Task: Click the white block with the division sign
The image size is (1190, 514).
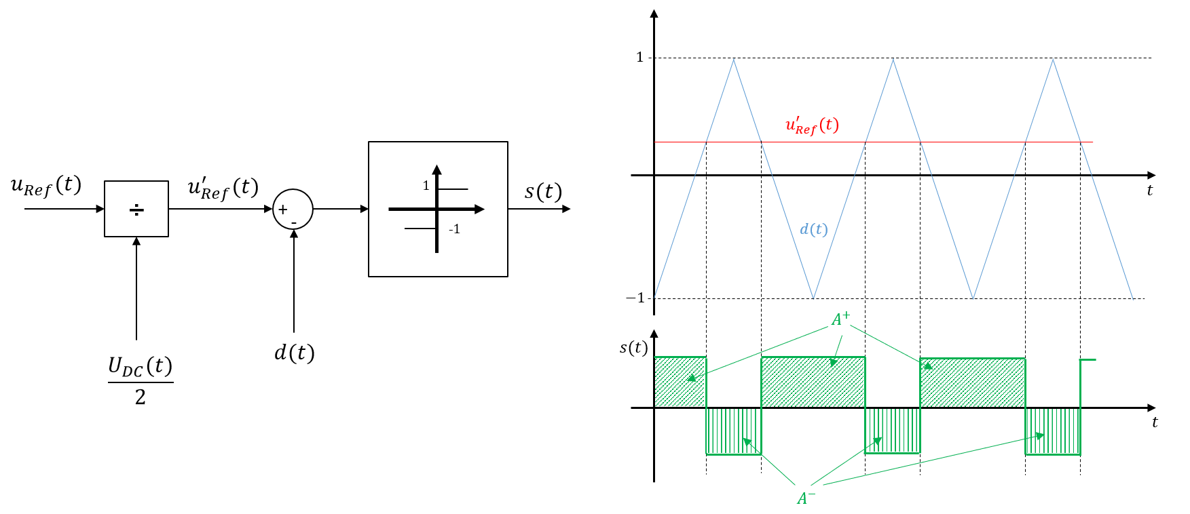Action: [136, 209]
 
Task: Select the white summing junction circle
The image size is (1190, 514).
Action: [293, 209]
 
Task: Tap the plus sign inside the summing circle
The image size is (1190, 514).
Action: [283, 210]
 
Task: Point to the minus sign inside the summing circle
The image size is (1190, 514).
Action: [294, 222]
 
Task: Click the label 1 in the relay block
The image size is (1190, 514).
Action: [426, 186]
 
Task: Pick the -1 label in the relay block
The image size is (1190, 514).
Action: [454, 229]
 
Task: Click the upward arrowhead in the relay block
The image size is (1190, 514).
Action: [436, 170]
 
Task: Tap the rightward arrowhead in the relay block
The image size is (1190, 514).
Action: [479, 209]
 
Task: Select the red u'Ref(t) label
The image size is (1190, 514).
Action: [812, 125]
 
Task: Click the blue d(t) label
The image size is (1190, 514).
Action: [813, 229]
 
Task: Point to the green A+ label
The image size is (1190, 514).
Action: [840, 319]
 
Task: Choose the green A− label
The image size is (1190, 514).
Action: [806, 498]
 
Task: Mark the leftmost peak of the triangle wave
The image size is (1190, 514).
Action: [733, 60]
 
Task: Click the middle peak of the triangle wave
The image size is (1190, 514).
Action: [893, 60]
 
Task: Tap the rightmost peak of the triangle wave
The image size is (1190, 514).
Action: [1053, 60]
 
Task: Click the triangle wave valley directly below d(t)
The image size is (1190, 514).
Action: [813, 297]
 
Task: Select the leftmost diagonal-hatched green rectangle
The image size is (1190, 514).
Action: [680, 382]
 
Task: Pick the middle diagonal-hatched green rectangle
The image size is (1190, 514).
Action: [813, 382]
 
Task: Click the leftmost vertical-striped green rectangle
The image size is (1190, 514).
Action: [733, 431]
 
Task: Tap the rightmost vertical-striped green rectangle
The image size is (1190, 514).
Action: [1052, 431]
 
